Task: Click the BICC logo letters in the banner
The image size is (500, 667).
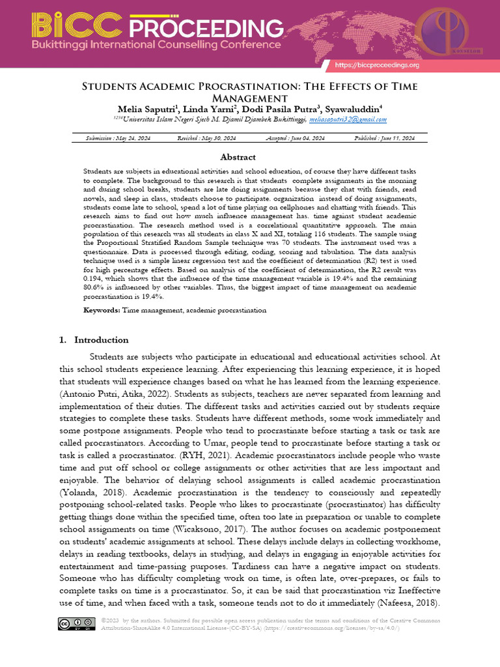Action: (x=77, y=27)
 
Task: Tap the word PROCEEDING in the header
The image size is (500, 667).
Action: (x=206, y=29)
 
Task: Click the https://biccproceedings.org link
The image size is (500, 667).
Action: (x=377, y=65)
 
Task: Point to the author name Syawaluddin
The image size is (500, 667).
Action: (x=353, y=108)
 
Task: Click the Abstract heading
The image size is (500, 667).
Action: (x=238, y=157)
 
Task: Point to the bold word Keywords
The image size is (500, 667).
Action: (x=102, y=311)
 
